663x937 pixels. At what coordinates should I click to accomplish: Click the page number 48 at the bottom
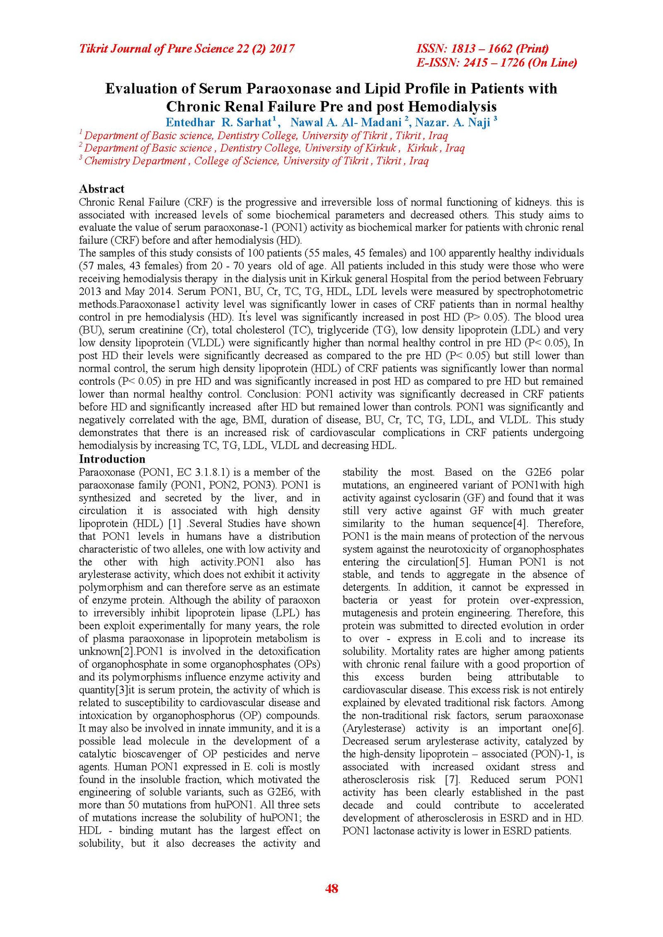click(331, 888)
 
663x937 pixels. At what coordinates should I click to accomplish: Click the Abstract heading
click(102, 189)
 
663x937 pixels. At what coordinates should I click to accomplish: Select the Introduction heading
click(112, 459)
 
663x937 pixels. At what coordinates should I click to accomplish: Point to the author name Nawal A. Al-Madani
click(346, 122)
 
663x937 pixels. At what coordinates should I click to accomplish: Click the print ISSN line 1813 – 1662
click(482, 49)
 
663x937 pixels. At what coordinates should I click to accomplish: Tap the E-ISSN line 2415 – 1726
click(496, 63)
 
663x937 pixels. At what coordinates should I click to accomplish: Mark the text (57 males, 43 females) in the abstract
click(129, 266)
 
